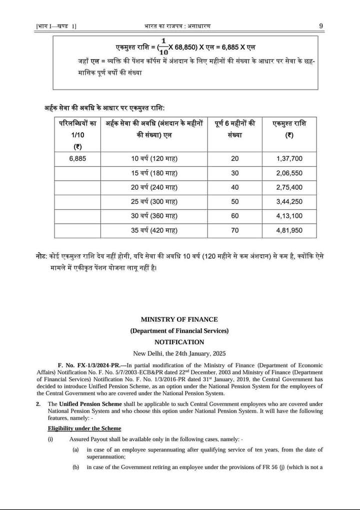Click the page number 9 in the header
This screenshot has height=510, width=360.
click(x=321, y=26)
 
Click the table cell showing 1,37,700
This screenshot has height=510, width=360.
click(x=289, y=159)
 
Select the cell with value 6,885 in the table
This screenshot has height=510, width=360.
click(x=77, y=159)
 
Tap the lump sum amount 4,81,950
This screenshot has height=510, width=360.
click(x=289, y=231)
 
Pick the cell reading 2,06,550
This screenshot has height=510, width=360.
click(x=289, y=173)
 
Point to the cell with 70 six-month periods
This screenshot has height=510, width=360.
click(x=234, y=231)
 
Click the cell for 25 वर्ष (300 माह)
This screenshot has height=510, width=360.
click(x=154, y=202)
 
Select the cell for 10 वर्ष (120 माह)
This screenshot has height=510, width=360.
click(x=154, y=159)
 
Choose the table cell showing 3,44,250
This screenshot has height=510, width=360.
click(x=289, y=202)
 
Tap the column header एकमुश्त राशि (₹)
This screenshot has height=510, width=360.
click(x=289, y=129)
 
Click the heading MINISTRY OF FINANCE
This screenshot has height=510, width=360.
click(x=179, y=319)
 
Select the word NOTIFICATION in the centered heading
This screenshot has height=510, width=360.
click(x=179, y=342)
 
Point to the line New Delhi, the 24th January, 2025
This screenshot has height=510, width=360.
click(x=179, y=353)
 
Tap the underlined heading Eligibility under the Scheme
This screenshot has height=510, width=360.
click(x=84, y=428)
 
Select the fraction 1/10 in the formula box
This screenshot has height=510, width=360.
click(x=163, y=47)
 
